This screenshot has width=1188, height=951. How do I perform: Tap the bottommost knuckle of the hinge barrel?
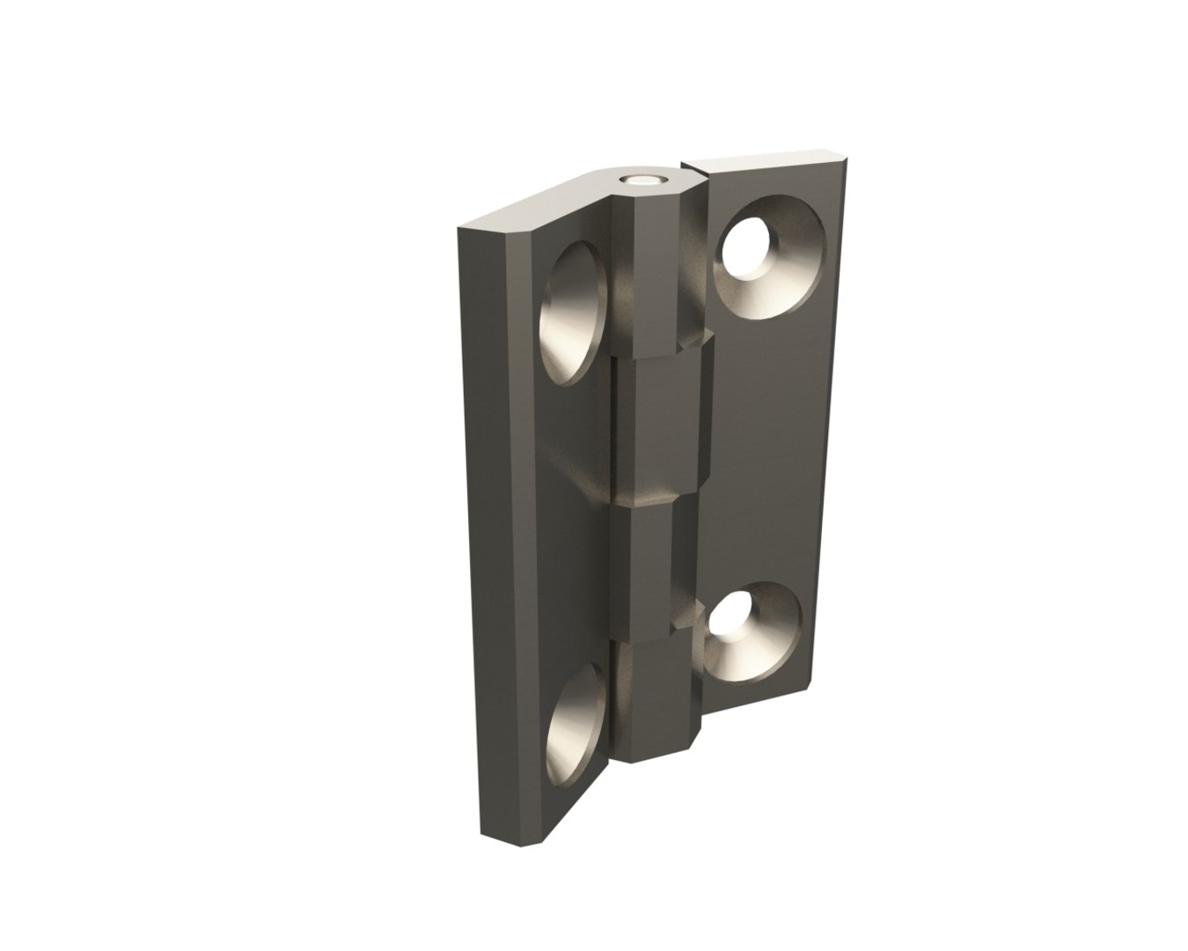655,700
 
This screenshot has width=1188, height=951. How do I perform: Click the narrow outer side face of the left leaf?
496,528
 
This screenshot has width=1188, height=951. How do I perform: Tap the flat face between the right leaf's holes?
766,440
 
